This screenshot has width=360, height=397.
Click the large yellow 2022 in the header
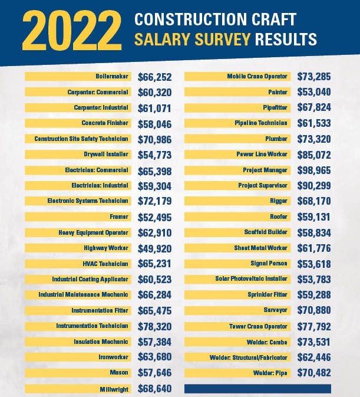72,31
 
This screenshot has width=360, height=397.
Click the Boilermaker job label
112,76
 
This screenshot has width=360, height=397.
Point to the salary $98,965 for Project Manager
314,170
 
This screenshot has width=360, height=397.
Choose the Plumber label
276,139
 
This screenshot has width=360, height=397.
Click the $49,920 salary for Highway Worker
155,248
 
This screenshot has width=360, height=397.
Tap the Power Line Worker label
262,154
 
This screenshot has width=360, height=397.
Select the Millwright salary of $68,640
155,389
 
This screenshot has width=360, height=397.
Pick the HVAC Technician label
105,264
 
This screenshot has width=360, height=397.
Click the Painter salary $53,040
314,92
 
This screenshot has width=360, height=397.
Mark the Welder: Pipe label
270,373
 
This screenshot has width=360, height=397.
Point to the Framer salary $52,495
155,217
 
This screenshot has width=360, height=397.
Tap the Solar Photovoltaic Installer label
251,279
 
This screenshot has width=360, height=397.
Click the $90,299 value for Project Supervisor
314,186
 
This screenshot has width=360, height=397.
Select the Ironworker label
113,357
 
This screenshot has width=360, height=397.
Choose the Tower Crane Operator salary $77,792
314,326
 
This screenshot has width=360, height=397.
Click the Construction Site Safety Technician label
81,139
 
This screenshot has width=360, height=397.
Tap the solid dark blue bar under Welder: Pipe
257,389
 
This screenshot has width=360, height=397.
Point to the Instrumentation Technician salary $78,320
155,326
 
